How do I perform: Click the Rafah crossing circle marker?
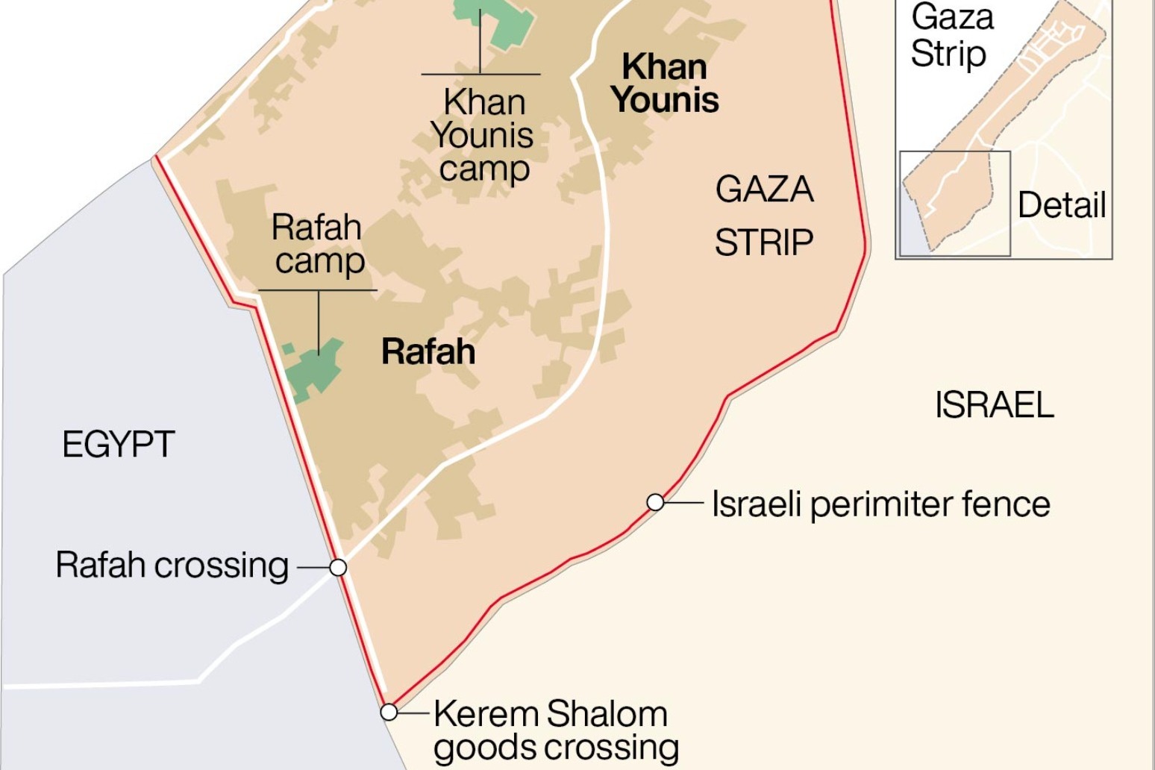(338, 568)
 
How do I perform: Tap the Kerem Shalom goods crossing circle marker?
(389, 712)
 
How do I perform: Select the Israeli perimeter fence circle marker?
(655, 503)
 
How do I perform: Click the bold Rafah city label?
(428, 351)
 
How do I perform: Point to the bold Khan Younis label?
(665, 83)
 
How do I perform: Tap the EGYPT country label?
(119, 445)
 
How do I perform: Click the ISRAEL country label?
(994, 405)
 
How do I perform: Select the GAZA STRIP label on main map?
(764, 216)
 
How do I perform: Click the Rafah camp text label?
(318, 244)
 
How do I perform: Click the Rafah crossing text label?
(172, 566)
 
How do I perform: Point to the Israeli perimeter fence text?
(881, 504)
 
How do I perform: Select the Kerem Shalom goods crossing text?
(556, 730)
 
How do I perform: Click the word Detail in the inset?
(1061, 205)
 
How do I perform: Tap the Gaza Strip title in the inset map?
(951, 35)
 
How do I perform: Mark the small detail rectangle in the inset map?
(955, 203)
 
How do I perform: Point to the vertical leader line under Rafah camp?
(319, 321)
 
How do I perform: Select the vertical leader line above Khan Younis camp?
(481, 41)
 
